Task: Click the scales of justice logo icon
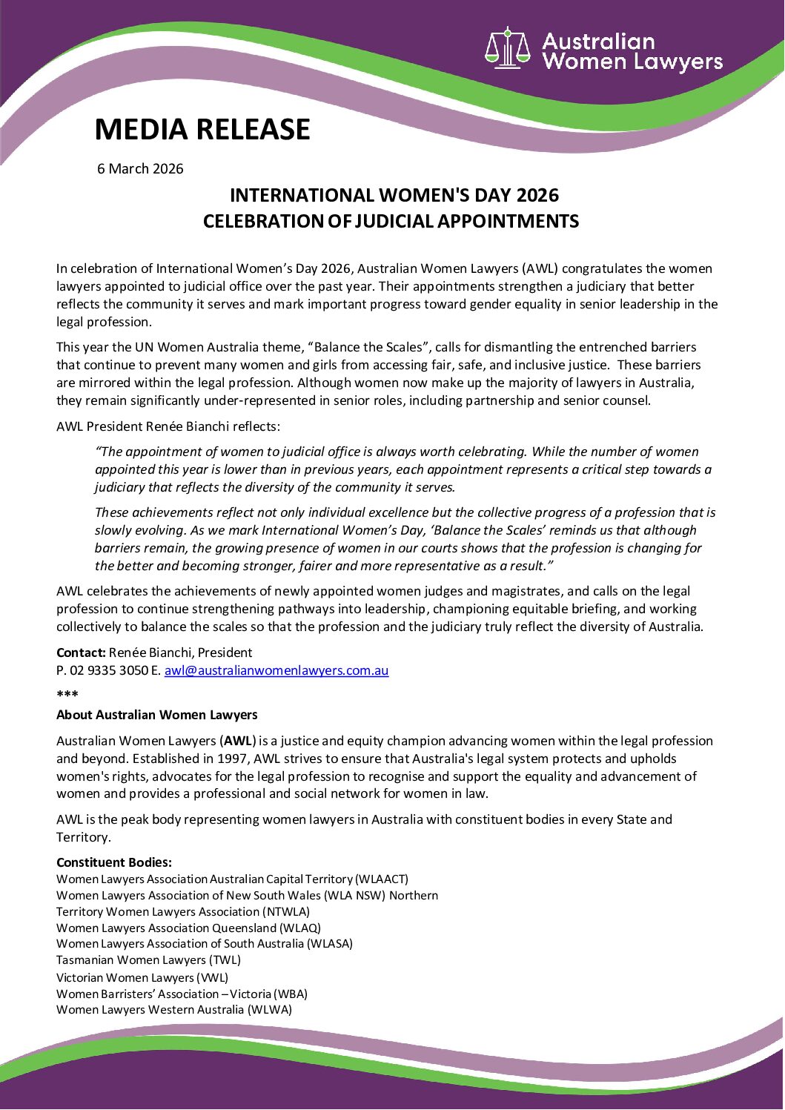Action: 508,49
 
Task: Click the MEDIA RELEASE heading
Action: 202,130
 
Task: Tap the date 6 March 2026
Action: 140,169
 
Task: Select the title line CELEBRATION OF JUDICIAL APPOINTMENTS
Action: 391,222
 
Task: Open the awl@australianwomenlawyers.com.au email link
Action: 276,670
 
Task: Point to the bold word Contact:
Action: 81,653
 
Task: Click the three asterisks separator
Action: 67,695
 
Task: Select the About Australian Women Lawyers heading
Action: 157,715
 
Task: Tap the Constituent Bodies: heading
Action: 114,862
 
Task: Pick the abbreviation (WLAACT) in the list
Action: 382,879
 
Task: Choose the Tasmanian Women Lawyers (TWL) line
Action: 148,960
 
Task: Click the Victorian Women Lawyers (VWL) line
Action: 142,977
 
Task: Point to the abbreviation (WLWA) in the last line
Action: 270,1010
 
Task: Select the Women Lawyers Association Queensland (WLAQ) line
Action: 188,928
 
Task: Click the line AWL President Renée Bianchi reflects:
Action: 168,426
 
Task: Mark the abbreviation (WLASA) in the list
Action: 330,944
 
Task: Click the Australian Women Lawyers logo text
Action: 632,51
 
